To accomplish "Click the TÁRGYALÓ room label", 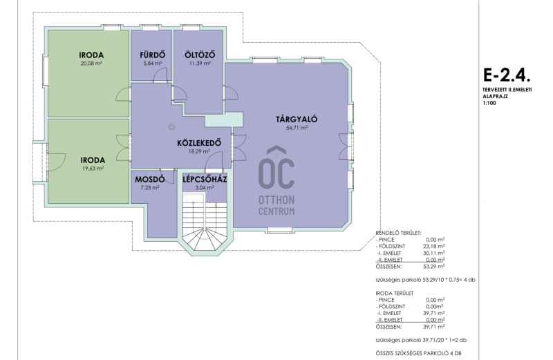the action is [x=297, y=119].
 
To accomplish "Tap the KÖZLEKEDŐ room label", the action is [x=199, y=143].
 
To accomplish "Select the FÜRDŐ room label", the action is [x=152, y=55].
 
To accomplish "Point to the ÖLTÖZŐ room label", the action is [x=200, y=55].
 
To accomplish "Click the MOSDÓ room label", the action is [x=149, y=180].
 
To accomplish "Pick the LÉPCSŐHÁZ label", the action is [x=205, y=180].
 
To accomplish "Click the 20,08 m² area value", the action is [x=91, y=64].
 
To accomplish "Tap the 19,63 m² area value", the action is [x=93, y=169].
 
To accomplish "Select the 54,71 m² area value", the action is [x=297, y=128].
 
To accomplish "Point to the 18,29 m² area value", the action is [x=199, y=151].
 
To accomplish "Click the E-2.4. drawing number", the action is [x=507, y=75].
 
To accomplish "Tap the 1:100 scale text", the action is [x=489, y=104].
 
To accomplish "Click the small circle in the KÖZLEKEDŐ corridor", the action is [x=171, y=127].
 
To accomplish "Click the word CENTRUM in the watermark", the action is [x=276, y=211].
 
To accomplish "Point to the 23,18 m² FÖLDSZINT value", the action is [x=434, y=247].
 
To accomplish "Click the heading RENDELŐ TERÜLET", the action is [x=399, y=233].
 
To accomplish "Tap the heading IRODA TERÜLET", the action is [x=394, y=293].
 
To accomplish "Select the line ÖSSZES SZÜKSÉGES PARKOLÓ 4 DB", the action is [x=418, y=353].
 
